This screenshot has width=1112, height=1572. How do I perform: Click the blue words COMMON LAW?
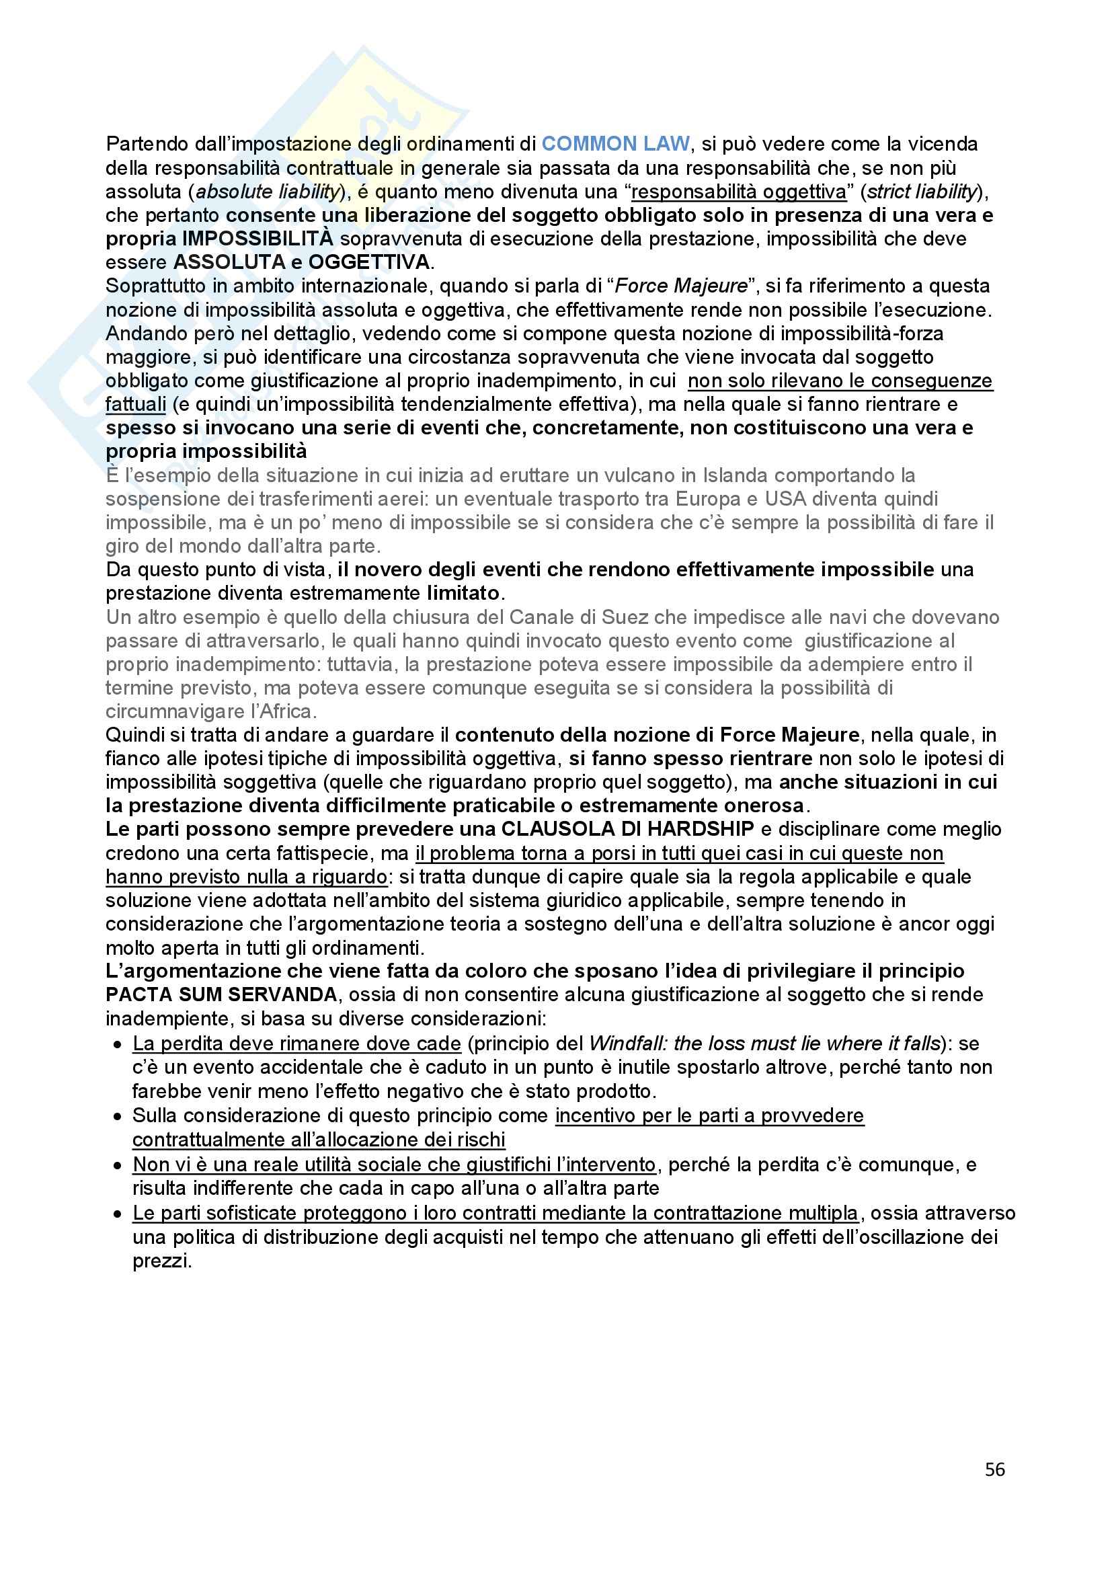click(615, 144)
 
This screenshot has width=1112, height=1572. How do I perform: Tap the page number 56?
click(994, 1469)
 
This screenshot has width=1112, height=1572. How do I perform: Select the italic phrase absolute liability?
click(268, 192)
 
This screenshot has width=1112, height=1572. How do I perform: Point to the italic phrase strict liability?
click(920, 192)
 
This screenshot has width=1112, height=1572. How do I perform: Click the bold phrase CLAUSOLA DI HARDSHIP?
click(628, 829)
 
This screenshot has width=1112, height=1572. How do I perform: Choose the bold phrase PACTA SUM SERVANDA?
click(221, 994)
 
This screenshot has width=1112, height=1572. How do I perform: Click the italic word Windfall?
click(626, 1044)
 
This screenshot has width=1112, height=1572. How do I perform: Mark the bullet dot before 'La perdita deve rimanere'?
click(118, 1045)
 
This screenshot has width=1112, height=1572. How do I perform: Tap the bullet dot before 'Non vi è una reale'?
click(118, 1165)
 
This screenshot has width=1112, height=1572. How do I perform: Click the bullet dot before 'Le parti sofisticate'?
click(118, 1214)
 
